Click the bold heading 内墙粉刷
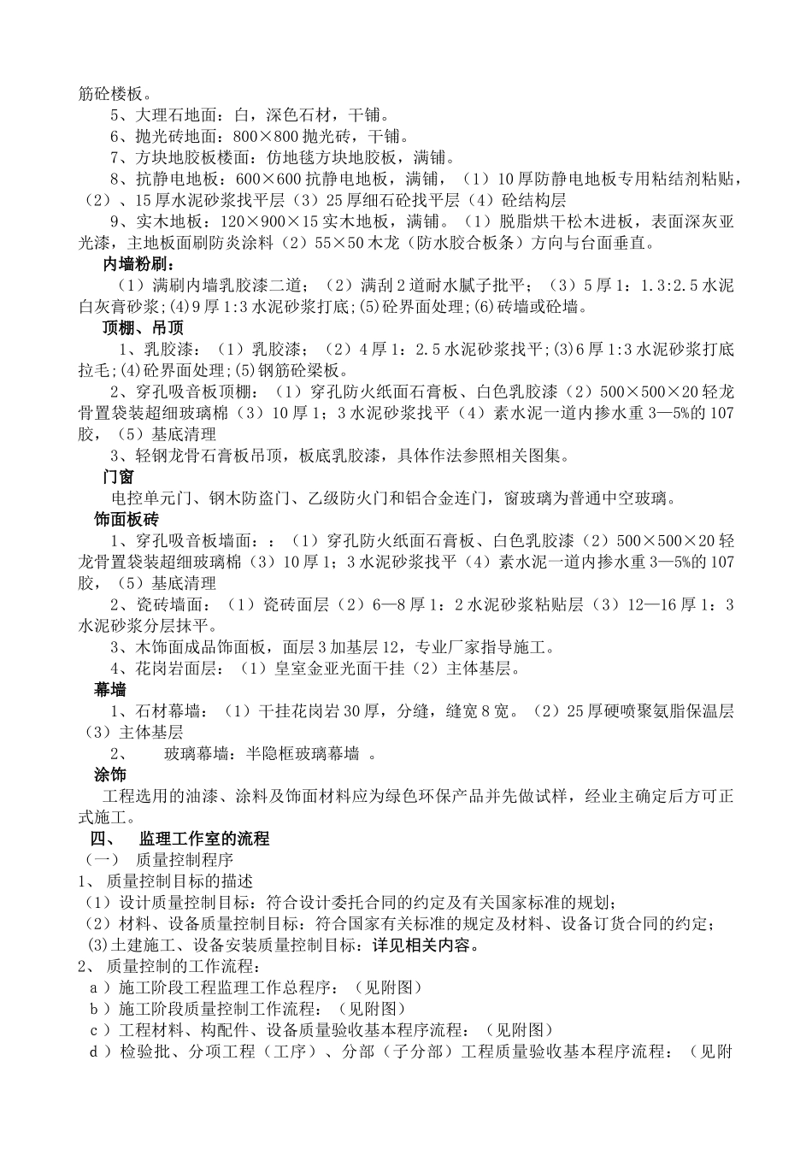pyautogui.click(x=138, y=263)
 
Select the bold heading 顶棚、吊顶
pyautogui.click(x=144, y=327)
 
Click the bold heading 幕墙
pyautogui.click(x=110, y=690)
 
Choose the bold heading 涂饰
pyautogui.click(x=110, y=775)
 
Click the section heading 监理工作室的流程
pyautogui.click(x=203, y=839)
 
